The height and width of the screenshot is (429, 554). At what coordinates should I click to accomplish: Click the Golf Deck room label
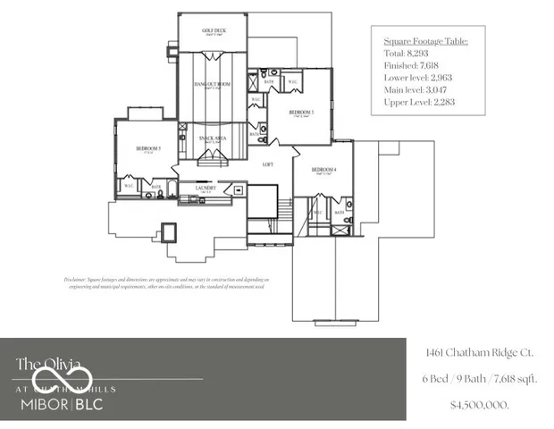click(214, 29)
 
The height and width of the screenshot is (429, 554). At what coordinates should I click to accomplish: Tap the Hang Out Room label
click(213, 84)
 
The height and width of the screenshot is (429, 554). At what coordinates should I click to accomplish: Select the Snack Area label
click(213, 139)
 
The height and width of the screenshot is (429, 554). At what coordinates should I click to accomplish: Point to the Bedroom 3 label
click(302, 113)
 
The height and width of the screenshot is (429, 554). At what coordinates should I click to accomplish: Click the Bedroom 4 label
click(324, 170)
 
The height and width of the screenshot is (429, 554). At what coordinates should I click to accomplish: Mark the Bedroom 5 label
click(148, 148)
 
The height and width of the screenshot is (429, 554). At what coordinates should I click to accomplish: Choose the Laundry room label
click(206, 188)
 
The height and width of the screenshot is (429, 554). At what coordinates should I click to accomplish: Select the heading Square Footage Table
click(425, 41)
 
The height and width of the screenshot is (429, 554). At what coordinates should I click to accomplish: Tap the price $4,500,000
click(481, 405)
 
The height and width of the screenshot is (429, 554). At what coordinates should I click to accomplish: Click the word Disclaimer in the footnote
click(78, 279)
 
